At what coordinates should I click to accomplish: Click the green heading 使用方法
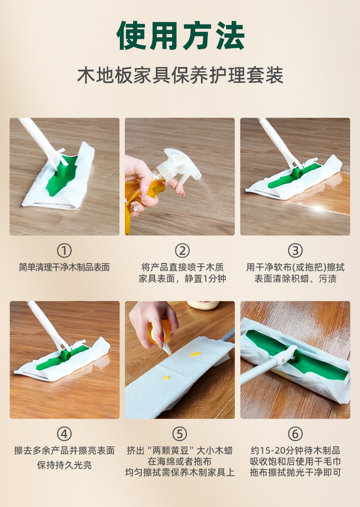click(x=180, y=36)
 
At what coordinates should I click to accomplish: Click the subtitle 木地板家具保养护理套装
click(x=180, y=75)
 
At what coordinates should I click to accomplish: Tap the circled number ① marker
click(x=64, y=250)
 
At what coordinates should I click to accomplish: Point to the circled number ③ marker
click(x=295, y=250)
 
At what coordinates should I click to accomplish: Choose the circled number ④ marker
click(x=64, y=433)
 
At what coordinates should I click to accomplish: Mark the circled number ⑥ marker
click(x=295, y=433)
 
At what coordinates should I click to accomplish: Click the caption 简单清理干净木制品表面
click(x=64, y=267)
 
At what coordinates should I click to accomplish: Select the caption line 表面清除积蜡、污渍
click(x=295, y=279)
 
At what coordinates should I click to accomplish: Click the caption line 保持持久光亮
click(x=64, y=466)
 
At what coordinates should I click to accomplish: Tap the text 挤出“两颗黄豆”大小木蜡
click(x=180, y=450)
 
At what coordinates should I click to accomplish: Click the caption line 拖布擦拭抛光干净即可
click(x=295, y=472)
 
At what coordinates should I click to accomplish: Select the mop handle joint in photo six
click(x=292, y=353)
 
